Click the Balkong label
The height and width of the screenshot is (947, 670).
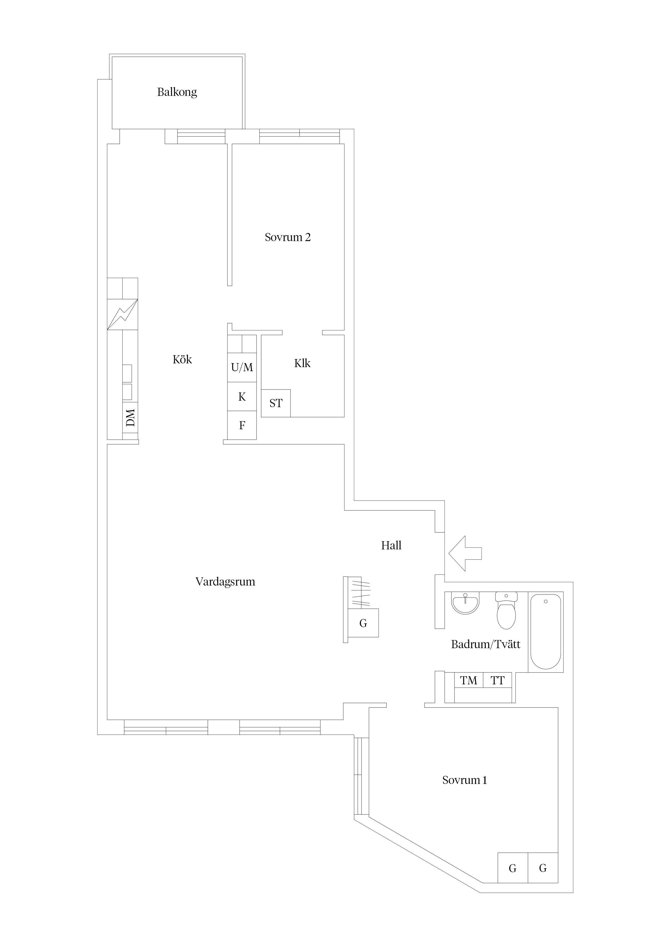pyautogui.click(x=177, y=92)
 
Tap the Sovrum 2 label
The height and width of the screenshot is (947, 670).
pyautogui.click(x=288, y=237)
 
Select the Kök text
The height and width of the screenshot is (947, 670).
pyautogui.click(x=182, y=359)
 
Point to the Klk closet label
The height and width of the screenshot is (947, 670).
pyautogui.click(x=302, y=363)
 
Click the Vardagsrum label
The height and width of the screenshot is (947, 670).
pyautogui.click(x=225, y=581)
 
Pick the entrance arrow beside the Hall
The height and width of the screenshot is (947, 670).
pyautogui.click(x=465, y=553)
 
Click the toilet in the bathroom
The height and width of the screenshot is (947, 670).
pyautogui.click(x=506, y=610)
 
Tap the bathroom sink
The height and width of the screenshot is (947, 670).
pyautogui.click(x=466, y=603)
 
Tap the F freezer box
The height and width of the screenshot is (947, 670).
pyautogui.click(x=242, y=425)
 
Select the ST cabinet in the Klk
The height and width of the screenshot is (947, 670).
pyautogui.click(x=276, y=403)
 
